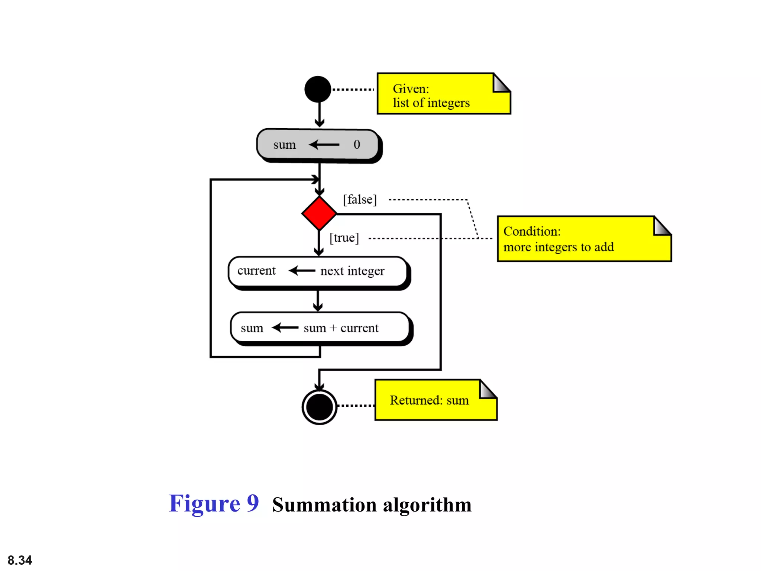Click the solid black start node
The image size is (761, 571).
point(318,89)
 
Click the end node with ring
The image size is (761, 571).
point(319,407)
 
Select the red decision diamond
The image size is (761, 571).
point(319,213)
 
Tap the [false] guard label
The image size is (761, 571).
point(359,200)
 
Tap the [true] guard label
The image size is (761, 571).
point(344,238)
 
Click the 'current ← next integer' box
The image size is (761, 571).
point(318,271)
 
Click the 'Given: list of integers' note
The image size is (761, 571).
point(438,95)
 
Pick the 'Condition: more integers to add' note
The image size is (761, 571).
point(580,239)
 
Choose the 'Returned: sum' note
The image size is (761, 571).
point(431,401)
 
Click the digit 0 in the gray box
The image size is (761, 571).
point(357,144)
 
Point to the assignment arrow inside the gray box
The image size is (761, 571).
point(324,144)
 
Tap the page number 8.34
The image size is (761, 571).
point(20,560)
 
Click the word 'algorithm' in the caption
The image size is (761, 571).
point(427,505)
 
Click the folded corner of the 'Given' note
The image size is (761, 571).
point(501,83)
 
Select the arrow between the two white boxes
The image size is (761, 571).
point(318,300)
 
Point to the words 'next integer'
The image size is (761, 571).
point(352,271)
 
